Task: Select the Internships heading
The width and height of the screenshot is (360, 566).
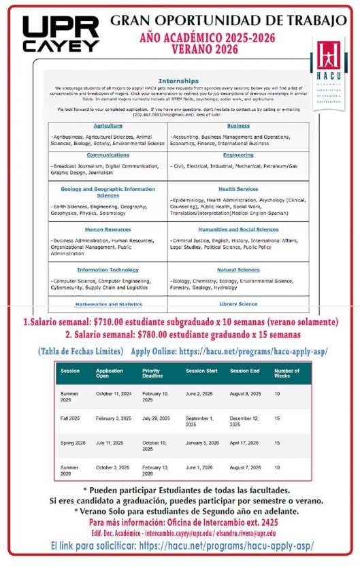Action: click(x=178, y=80)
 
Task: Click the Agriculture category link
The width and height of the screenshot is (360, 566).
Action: click(x=108, y=126)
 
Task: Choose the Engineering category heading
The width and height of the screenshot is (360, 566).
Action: click(x=238, y=155)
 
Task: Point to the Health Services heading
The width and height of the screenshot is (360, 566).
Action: click(x=238, y=189)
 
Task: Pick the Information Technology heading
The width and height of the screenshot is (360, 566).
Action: click(x=108, y=269)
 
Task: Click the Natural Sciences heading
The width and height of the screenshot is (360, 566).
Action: click(x=238, y=269)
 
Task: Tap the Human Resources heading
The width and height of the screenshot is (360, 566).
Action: click(x=108, y=229)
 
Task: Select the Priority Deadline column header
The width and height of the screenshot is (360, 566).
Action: click(x=154, y=373)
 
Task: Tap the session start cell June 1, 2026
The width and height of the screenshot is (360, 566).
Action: click(x=201, y=469)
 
